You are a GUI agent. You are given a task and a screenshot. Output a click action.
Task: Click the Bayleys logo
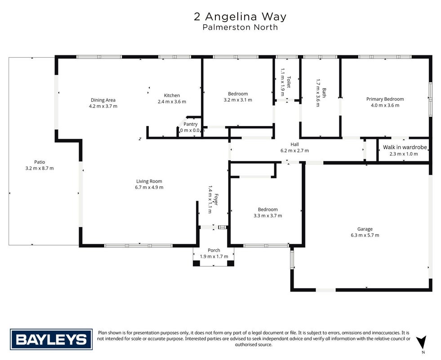pyautogui.click(x=51, y=339)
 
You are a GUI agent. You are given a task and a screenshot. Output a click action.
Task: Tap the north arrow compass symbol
pyautogui.click(x=421, y=343)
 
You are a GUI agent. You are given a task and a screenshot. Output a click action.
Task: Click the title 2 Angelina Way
pyautogui.click(x=240, y=17)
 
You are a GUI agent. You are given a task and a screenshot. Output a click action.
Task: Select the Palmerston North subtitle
pyautogui.click(x=240, y=27)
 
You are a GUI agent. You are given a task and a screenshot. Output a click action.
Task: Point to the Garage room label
pyautogui.click(x=365, y=229)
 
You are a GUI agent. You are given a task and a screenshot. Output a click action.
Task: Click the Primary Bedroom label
pyautogui.click(x=385, y=99)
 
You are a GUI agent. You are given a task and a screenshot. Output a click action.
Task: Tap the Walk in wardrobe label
pyautogui.click(x=405, y=147)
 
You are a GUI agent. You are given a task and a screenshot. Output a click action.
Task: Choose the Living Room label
pyautogui.click(x=149, y=181)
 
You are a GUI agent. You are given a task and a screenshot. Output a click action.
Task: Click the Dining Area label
pyautogui.click(x=103, y=100)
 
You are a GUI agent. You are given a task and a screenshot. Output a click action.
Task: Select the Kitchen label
pyautogui.click(x=172, y=95)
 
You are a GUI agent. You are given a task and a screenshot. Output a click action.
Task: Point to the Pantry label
pyautogui.click(x=191, y=124)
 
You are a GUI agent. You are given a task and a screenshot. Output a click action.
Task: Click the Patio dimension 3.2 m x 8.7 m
pyautogui.click(x=40, y=168)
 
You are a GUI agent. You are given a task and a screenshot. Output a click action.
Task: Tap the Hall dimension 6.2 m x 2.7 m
pyautogui.click(x=294, y=151)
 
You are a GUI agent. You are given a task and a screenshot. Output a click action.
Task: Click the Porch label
pyautogui.click(x=214, y=250)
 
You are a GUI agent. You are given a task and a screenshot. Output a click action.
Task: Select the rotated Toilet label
pyautogui.click(x=288, y=82)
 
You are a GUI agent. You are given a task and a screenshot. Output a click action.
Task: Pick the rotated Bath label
pyautogui.click(x=324, y=93)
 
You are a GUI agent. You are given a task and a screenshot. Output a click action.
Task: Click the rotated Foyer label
pyautogui.click(x=216, y=199)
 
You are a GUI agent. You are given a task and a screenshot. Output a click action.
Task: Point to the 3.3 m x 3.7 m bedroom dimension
pyautogui.click(x=268, y=216)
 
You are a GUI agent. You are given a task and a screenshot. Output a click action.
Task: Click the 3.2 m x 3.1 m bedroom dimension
pyautogui.click(x=238, y=100)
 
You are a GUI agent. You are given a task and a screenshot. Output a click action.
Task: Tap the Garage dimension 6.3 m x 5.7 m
pyautogui.click(x=365, y=235)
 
